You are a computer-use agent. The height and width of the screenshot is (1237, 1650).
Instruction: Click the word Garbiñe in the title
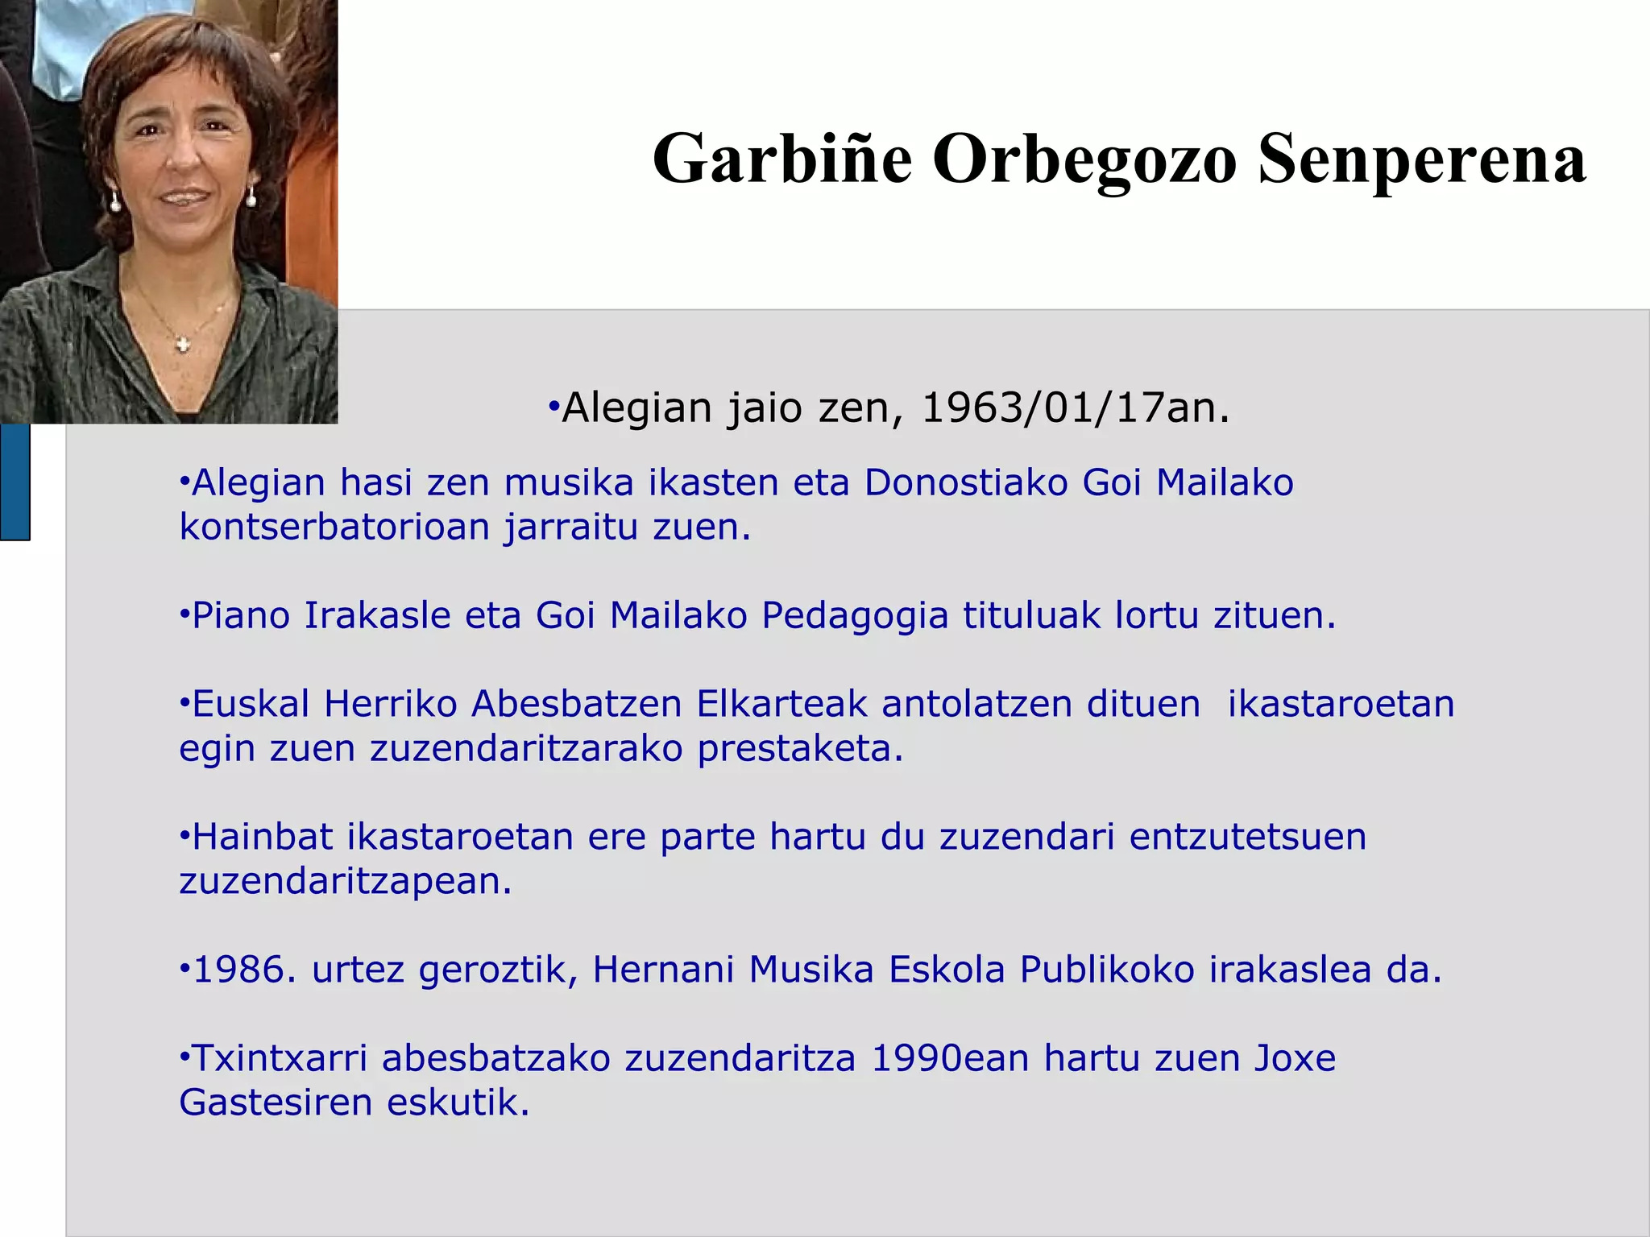point(781,159)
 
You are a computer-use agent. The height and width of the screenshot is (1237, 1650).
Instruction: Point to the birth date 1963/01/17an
point(1075,408)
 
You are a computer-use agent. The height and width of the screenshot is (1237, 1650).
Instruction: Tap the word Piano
point(241,616)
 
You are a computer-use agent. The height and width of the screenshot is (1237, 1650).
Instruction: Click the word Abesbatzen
point(576,705)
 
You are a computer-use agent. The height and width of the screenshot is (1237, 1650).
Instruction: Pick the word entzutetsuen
point(1247,838)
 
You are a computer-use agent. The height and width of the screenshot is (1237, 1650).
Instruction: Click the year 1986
point(239,970)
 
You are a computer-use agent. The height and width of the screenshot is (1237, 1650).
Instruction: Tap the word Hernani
point(663,970)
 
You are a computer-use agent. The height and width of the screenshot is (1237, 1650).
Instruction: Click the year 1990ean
point(950,1059)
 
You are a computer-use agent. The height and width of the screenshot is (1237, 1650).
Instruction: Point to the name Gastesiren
point(275,1103)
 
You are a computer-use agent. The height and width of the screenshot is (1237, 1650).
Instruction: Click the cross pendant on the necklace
point(183,345)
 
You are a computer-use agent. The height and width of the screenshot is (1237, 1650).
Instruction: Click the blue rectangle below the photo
point(15,482)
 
